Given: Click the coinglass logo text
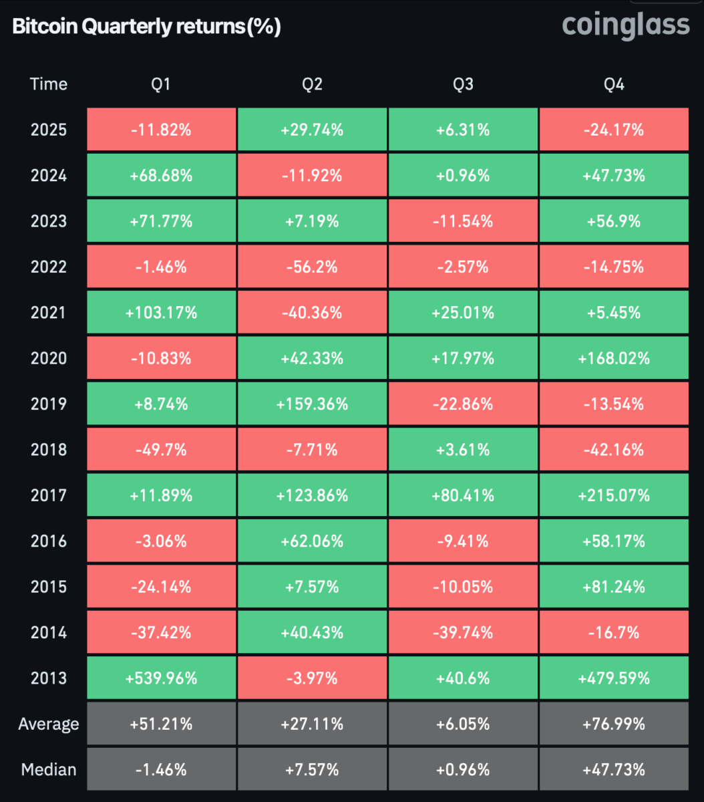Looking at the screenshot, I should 625,25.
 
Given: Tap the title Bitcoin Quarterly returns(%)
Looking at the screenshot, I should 146,27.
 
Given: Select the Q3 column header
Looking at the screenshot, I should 463,84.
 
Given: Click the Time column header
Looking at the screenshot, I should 49,84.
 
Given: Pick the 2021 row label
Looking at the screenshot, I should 49,312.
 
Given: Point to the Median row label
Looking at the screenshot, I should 49,769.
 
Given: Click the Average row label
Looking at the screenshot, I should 49,724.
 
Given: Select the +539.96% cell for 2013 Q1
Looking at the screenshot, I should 162,678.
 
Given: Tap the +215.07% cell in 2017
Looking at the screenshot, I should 614,495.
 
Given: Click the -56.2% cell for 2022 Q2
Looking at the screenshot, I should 312,267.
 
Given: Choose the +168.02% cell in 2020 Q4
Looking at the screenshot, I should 614,358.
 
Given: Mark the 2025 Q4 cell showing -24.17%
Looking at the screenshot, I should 614,130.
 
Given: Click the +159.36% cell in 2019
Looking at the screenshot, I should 312,404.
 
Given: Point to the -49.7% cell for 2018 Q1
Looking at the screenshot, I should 162,449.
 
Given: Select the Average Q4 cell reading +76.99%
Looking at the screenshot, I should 614,724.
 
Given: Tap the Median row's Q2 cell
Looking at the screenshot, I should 312,769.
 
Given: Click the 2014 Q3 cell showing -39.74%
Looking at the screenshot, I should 463,632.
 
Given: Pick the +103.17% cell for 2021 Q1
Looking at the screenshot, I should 162,312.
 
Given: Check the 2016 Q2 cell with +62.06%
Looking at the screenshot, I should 312,541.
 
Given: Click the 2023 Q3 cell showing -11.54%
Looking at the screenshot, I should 463,221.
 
